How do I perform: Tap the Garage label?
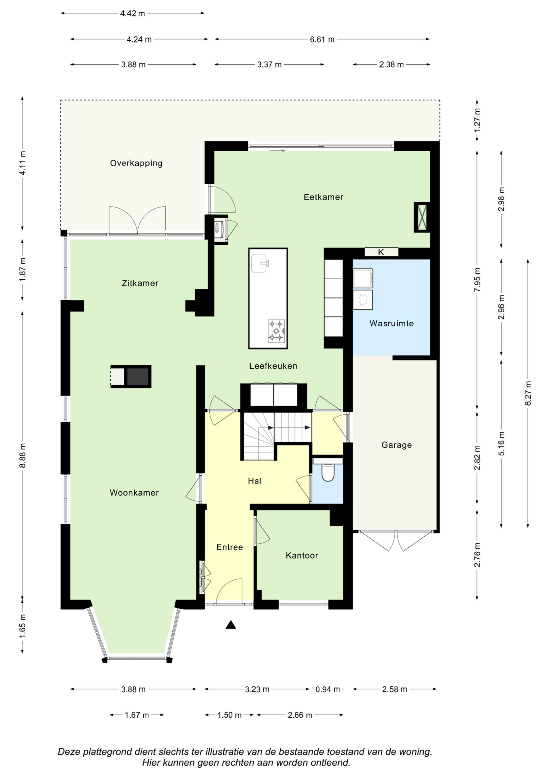397,445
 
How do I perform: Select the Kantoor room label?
302,555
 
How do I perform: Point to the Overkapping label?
136,163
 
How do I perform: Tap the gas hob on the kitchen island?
276,331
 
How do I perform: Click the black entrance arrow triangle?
231,625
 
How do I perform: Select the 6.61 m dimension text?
322,39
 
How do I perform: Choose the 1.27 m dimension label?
477,120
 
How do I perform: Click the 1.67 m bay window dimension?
137,715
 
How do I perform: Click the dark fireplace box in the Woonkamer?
138,376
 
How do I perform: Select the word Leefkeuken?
273,366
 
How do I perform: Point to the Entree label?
229,547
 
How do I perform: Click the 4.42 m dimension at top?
132,13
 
